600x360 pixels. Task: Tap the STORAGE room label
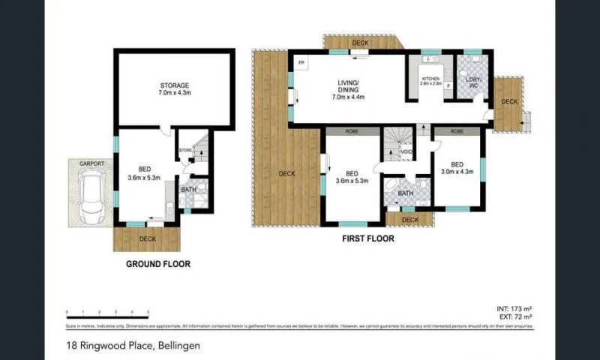tap(173, 85)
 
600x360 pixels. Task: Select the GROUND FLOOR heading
tap(157, 263)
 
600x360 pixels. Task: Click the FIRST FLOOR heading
tap(367, 239)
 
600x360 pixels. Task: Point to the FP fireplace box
tap(301, 63)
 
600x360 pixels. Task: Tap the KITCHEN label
tap(430, 79)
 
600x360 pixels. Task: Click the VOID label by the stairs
tap(406, 152)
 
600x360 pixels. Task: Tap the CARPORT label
tap(93, 163)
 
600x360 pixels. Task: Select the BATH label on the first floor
tap(406, 193)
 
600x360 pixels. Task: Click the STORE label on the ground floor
tap(185, 151)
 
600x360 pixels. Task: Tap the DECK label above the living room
tap(361, 43)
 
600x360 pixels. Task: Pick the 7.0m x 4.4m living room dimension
tap(347, 97)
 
